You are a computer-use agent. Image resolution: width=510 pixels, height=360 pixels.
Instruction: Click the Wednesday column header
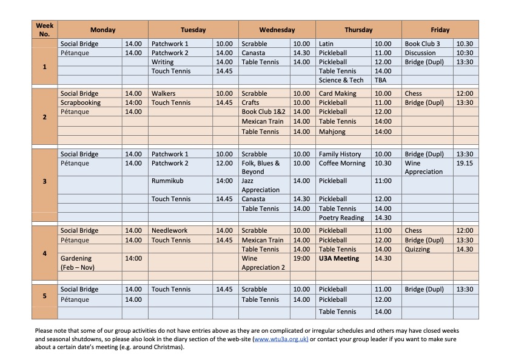(277, 30)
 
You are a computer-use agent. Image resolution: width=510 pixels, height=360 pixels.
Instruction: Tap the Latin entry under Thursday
(326, 44)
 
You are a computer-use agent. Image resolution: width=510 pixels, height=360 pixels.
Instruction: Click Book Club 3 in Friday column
(422, 44)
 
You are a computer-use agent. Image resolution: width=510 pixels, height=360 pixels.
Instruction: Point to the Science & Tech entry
(341, 80)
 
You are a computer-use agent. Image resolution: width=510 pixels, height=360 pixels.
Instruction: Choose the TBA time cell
(380, 80)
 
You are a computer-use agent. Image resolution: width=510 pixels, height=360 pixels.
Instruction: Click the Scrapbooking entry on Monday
(81, 102)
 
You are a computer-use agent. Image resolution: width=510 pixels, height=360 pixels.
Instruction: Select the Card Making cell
(337, 93)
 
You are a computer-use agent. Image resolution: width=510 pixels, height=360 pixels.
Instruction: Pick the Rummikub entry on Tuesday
(167, 181)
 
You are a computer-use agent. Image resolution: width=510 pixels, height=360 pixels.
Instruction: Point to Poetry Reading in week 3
(341, 218)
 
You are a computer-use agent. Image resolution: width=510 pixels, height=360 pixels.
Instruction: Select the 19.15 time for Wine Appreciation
(465, 163)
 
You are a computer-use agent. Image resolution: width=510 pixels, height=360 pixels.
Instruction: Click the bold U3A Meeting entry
(339, 258)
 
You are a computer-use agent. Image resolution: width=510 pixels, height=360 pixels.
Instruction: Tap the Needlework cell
(169, 230)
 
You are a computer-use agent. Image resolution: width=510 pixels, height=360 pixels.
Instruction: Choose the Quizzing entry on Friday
(417, 249)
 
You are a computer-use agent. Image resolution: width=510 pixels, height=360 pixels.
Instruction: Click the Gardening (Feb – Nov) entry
(78, 262)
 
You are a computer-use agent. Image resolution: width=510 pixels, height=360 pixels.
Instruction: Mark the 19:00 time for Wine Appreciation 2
(301, 258)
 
